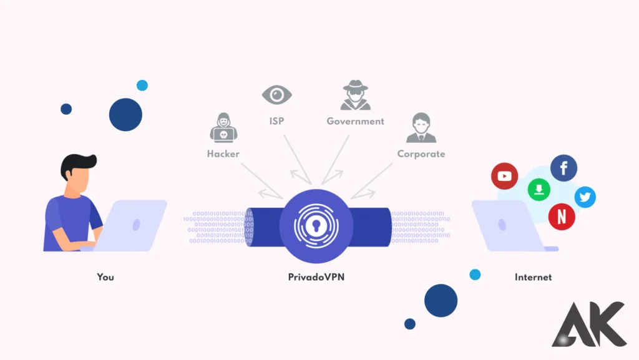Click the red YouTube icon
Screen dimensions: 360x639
click(x=505, y=176)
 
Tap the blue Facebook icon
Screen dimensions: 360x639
click(x=563, y=168)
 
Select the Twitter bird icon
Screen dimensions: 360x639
click(x=585, y=198)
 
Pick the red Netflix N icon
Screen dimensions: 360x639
click(x=562, y=216)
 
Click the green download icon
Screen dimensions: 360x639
click(x=538, y=190)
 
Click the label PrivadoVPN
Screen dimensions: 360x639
click(x=316, y=276)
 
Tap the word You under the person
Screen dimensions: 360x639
click(x=105, y=276)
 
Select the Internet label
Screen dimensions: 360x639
click(x=533, y=276)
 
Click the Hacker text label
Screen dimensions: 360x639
click(x=223, y=153)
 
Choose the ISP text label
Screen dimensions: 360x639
click(x=277, y=121)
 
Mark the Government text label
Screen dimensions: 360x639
click(x=356, y=121)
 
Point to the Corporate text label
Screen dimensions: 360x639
click(x=421, y=153)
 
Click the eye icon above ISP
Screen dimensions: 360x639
click(x=277, y=95)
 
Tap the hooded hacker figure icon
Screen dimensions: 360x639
click(x=223, y=128)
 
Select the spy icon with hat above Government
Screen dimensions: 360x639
click(x=356, y=95)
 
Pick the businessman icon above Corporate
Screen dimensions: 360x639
click(x=421, y=128)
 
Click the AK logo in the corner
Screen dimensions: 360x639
click(x=589, y=324)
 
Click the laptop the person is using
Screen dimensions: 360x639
click(x=134, y=225)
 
